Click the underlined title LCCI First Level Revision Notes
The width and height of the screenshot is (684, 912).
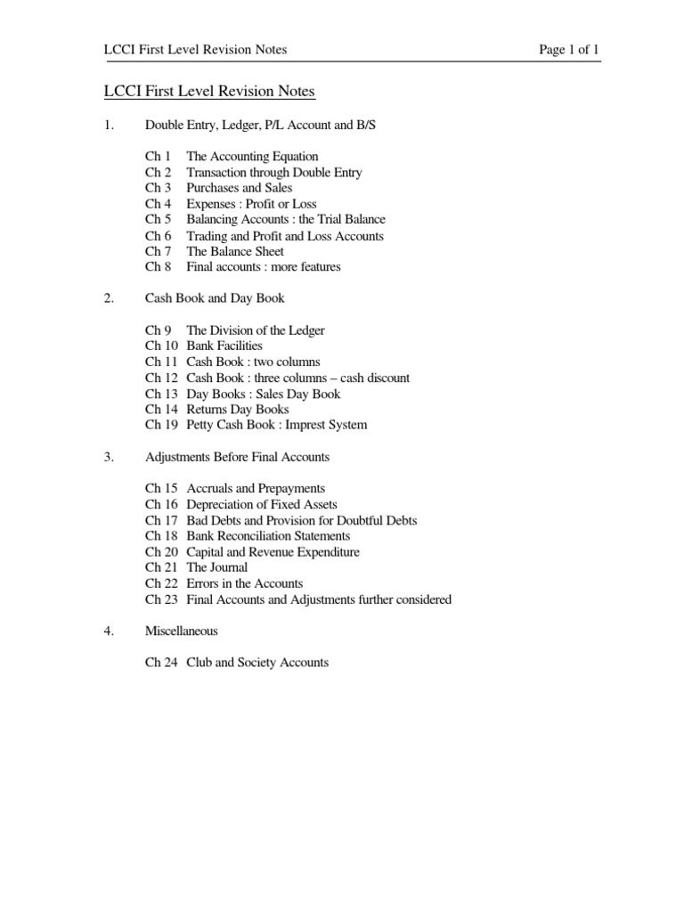coord(210,92)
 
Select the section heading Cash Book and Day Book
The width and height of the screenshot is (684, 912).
coord(216,298)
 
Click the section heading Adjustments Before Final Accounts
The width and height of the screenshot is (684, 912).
coord(237,457)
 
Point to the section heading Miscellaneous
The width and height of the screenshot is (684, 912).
coord(182,631)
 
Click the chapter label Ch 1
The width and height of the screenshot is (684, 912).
coord(158,157)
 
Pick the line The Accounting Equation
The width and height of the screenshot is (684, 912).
coord(252,157)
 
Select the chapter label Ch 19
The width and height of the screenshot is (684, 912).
coord(161,425)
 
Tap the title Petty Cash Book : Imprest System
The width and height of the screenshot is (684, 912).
coord(276,425)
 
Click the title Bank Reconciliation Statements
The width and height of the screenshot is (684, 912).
coord(268,536)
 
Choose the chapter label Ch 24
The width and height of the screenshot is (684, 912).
coord(161,663)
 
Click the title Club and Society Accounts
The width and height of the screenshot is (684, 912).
coord(257,663)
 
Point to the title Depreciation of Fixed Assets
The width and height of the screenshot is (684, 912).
coord(262,505)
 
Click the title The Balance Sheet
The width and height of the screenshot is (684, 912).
coord(236,251)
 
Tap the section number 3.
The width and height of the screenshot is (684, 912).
coord(109,457)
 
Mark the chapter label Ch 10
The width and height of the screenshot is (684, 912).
coord(161,346)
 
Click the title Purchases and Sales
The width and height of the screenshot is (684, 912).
coord(239,188)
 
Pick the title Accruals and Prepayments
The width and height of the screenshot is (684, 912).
coord(256,489)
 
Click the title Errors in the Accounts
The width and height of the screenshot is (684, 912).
coord(245,583)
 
